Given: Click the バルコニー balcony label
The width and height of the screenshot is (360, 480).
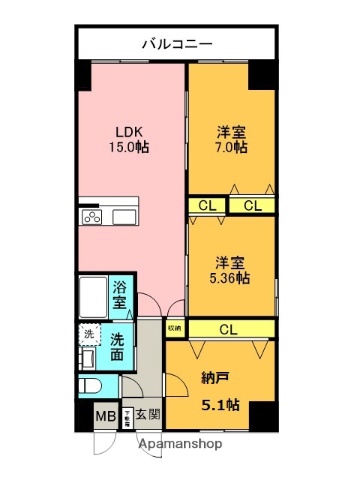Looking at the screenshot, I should (176, 43).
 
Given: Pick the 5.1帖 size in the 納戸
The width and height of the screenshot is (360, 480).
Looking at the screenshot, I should (216, 405).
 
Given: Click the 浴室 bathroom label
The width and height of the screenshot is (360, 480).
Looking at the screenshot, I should (120, 294).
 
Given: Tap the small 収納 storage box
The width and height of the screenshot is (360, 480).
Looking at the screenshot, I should (174, 327).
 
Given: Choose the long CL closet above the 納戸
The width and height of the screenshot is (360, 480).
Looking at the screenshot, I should (228, 328).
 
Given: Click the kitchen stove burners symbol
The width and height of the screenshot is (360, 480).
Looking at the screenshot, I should (94, 218).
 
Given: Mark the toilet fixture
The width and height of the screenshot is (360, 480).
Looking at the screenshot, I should (86, 386).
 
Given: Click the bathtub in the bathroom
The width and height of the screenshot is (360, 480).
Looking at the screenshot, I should (92, 295).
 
